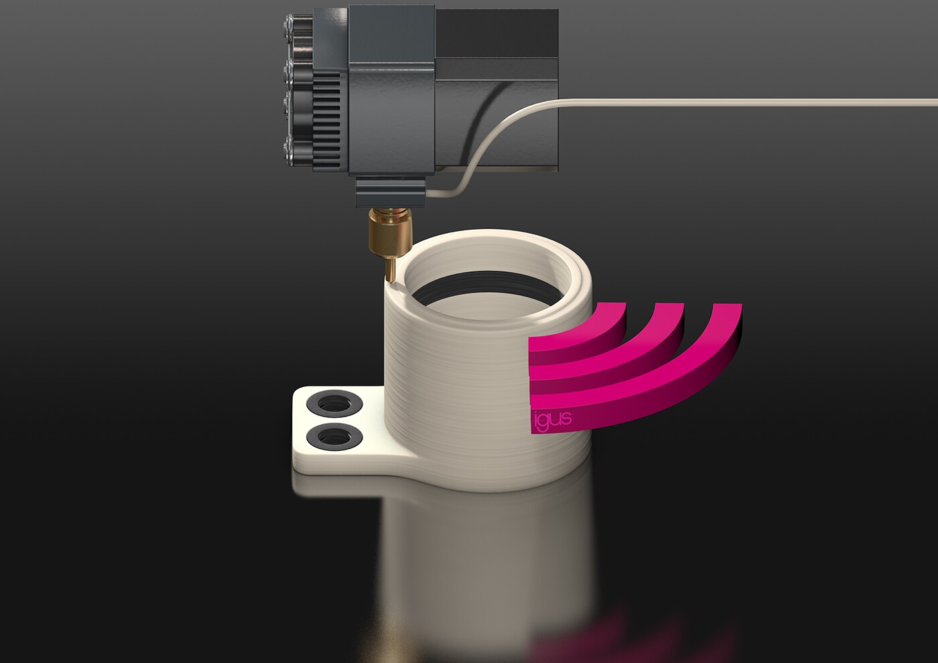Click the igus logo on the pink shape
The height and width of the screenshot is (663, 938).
pos(553,419)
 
